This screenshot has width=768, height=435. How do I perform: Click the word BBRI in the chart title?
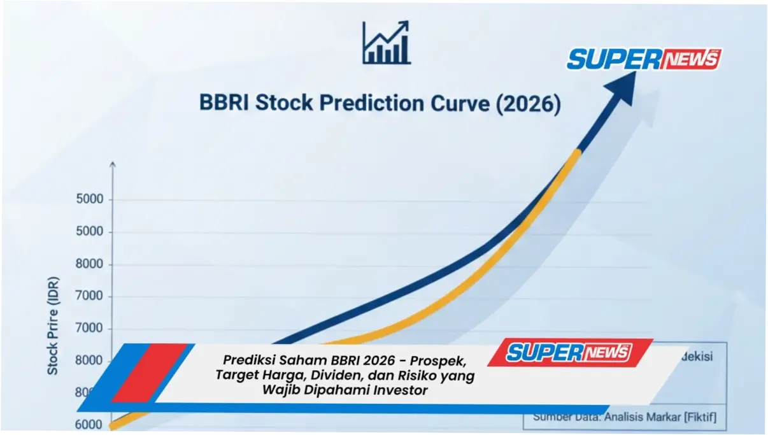[x=224, y=103]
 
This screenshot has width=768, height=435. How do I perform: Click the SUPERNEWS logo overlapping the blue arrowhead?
[x=643, y=59]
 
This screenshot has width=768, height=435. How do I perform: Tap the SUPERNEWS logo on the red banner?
[x=569, y=352]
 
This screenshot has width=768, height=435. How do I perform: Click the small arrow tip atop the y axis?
[x=113, y=164]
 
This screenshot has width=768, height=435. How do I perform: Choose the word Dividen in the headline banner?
[x=338, y=376]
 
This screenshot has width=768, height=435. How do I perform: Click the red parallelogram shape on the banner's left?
[x=150, y=373]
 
